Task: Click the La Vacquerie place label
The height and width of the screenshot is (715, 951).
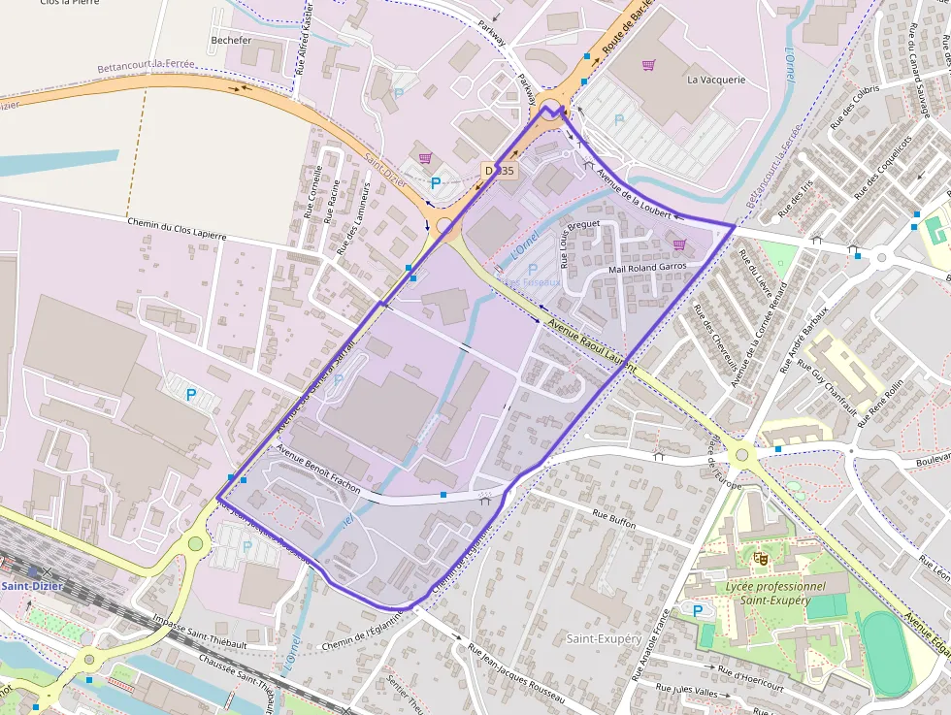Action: (716, 80)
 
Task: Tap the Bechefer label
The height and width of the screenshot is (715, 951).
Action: (230, 41)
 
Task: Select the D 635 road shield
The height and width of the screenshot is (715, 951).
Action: (500, 170)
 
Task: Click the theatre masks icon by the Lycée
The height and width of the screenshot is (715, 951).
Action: (760, 558)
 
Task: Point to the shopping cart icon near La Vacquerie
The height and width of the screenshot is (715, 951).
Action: (648, 65)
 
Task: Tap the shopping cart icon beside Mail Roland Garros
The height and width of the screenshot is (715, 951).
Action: (679, 244)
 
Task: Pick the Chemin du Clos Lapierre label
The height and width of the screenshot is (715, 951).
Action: (177, 229)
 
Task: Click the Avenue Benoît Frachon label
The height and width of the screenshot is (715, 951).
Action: (319, 469)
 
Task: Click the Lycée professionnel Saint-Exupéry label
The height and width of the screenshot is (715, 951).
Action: (775, 593)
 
